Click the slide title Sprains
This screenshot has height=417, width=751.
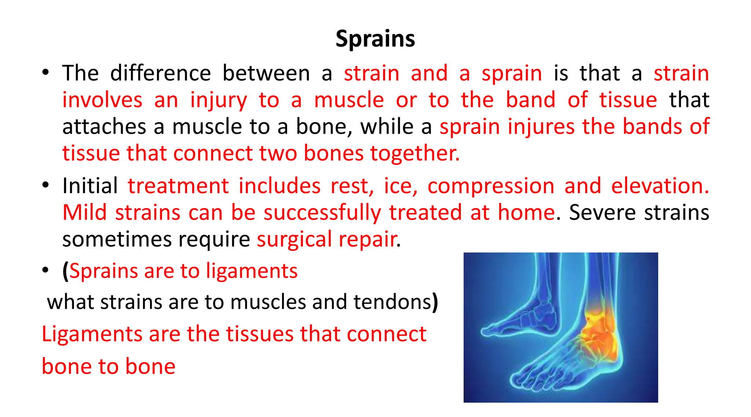tap(375, 39)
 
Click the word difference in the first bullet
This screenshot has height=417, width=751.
tap(160, 73)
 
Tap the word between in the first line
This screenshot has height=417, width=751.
tap(266, 73)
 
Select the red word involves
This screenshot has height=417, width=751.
tap(102, 100)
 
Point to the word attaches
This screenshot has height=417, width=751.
tap(104, 127)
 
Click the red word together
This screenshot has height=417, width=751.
tap(414, 153)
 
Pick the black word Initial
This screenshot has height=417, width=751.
tap(90, 186)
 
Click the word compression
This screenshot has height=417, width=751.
tap(491, 186)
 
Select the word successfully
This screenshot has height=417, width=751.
tap(322, 213)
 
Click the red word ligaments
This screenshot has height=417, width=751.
tap(252, 272)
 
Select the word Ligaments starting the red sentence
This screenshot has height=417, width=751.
tap(92, 334)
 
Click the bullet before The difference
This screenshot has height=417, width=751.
tap(45, 72)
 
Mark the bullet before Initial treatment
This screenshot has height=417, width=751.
tap(45, 185)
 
